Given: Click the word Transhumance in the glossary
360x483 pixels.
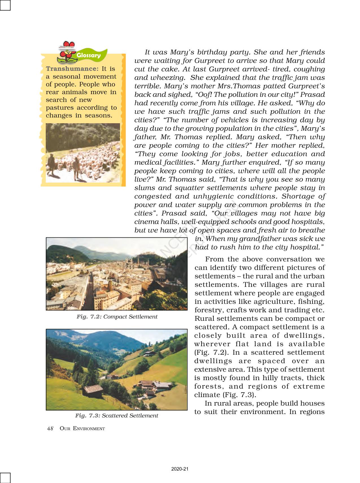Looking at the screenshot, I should pos(72,69).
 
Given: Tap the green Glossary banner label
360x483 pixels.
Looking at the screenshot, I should pos(89,55).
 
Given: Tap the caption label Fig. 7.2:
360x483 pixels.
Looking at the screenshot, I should pos(89,317).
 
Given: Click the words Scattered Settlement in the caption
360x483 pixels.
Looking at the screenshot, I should pos(130,415).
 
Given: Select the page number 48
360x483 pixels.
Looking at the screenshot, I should pos(51,428).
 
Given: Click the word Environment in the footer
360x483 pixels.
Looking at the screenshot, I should pos(89,428).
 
